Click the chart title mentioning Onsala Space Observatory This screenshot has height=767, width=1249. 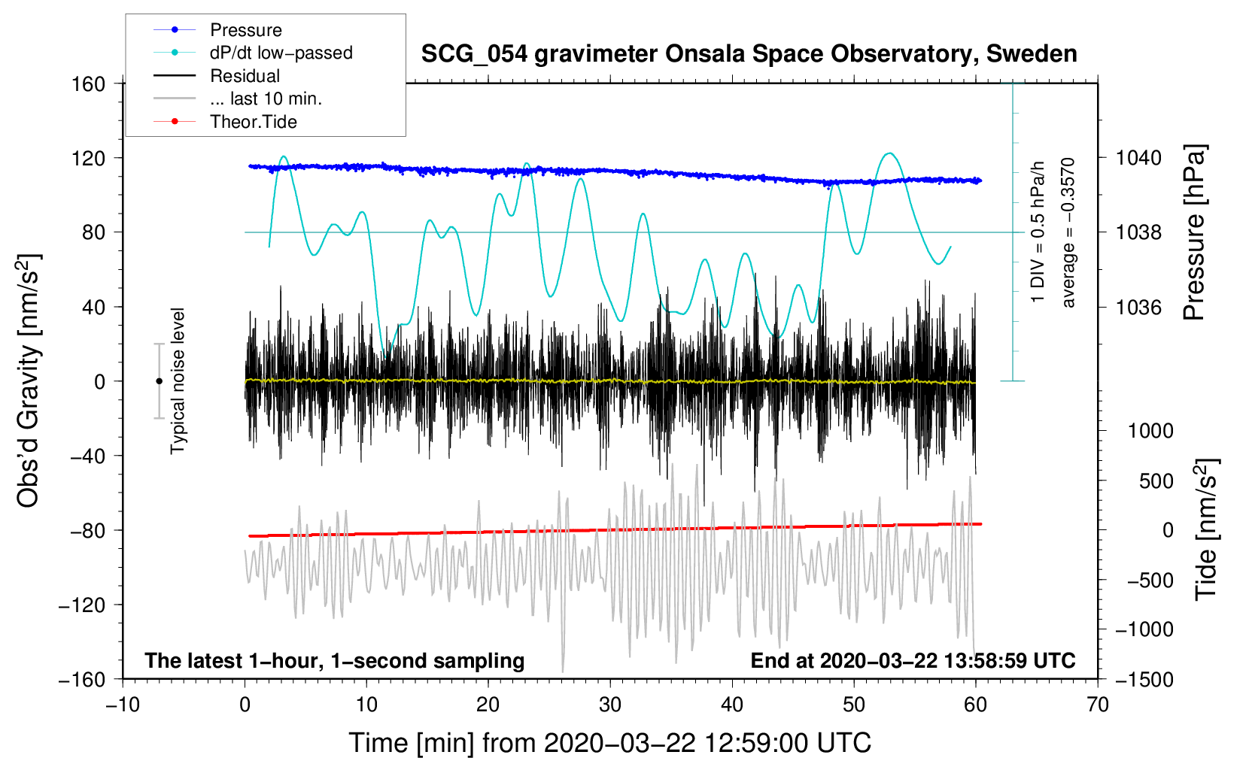pyautogui.click(x=749, y=54)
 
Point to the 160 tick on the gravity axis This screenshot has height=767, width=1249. pyautogui.click(x=89, y=84)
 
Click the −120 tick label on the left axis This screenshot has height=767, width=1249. pyautogui.click(x=82, y=605)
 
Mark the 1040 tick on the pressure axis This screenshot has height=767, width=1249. pyautogui.click(x=1138, y=158)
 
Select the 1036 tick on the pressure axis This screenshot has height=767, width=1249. pyautogui.click(x=1138, y=307)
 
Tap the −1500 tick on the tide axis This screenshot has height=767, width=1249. pyautogui.click(x=1144, y=680)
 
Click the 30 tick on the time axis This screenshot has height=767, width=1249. pyautogui.click(x=610, y=705)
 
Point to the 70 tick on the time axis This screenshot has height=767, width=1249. pyautogui.click(x=1097, y=705)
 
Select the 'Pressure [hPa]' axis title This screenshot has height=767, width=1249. pyautogui.click(x=1194, y=232)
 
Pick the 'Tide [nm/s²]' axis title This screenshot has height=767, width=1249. pyautogui.click(x=1207, y=529)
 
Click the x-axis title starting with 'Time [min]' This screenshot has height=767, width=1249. pyautogui.click(x=610, y=744)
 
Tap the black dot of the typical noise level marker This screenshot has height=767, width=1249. pyautogui.click(x=159, y=381)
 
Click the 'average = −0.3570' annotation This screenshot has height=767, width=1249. pyautogui.click(x=1068, y=232)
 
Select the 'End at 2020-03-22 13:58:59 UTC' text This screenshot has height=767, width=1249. pyautogui.click(x=913, y=660)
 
